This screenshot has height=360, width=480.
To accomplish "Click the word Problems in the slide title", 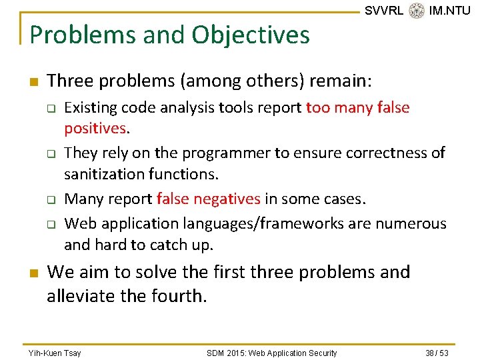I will coord(74,35).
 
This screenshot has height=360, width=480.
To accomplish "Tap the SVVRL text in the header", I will coord(383,11).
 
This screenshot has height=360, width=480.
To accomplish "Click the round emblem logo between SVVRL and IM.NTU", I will coord(417,11).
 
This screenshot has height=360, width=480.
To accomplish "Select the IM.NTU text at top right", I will coord(449,11).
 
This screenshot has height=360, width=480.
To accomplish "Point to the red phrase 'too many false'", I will coord(357,107).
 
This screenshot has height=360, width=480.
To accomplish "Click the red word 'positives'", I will coord(95,128).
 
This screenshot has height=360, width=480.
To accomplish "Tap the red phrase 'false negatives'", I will coord(208,199).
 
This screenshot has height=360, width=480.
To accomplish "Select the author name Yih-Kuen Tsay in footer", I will coord(54,353).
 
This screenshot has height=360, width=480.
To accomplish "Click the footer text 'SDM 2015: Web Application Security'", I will coord(271,353).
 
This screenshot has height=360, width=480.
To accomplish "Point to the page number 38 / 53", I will coord(437,353).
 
